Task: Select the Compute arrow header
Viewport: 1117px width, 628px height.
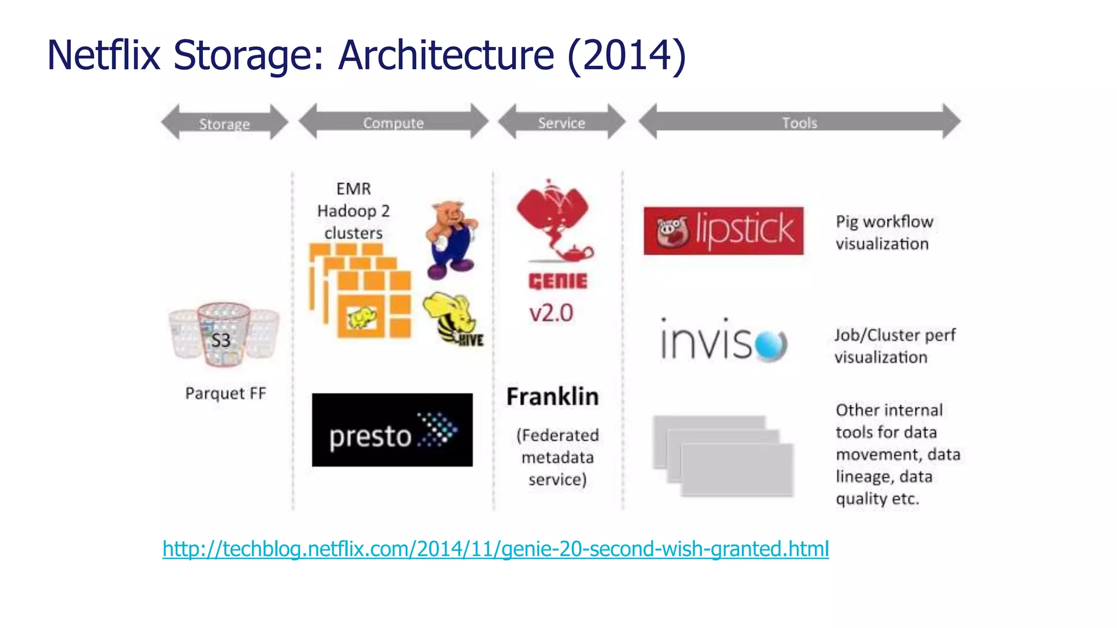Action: click(x=393, y=122)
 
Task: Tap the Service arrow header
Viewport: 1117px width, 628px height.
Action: click(x=561, y=122)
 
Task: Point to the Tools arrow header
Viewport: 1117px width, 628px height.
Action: click(x=799, y=122)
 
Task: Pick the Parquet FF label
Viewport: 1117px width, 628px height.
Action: click(x=225, y=393)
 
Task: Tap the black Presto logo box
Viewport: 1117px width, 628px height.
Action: click(x=392, y=430)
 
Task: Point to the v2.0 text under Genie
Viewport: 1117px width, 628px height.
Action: click(x=551, y=313)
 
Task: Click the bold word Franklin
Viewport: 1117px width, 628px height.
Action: click(x=552, y=396)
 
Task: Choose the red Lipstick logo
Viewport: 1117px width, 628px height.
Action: click(x=723, y=231)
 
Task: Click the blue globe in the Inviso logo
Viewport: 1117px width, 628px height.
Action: click(x=771, y=345)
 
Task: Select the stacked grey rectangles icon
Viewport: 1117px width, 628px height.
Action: click(x=723, y=456)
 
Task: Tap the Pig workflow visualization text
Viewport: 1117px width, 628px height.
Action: click(x=884, y=233)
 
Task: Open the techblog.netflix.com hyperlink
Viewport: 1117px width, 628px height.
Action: click(x=495, y=548)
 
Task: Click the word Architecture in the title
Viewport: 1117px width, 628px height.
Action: click(x=446, y=55)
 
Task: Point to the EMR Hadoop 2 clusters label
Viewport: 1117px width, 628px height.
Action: click(x=353, y=211)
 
